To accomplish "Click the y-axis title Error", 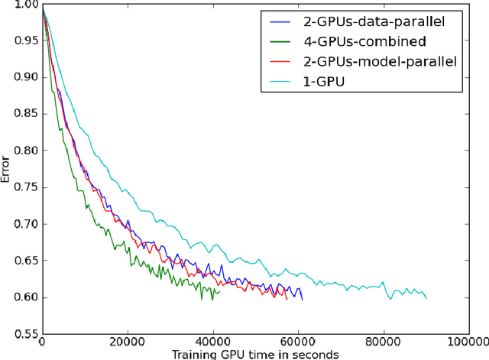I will click(7, 168).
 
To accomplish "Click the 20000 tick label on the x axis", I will click(127, 343).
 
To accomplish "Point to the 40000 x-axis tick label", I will click(212, 343).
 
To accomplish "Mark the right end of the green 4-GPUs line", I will click(219, 291).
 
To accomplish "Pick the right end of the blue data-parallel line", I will click(303, 300).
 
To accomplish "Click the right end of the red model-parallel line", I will click(287, 297).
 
